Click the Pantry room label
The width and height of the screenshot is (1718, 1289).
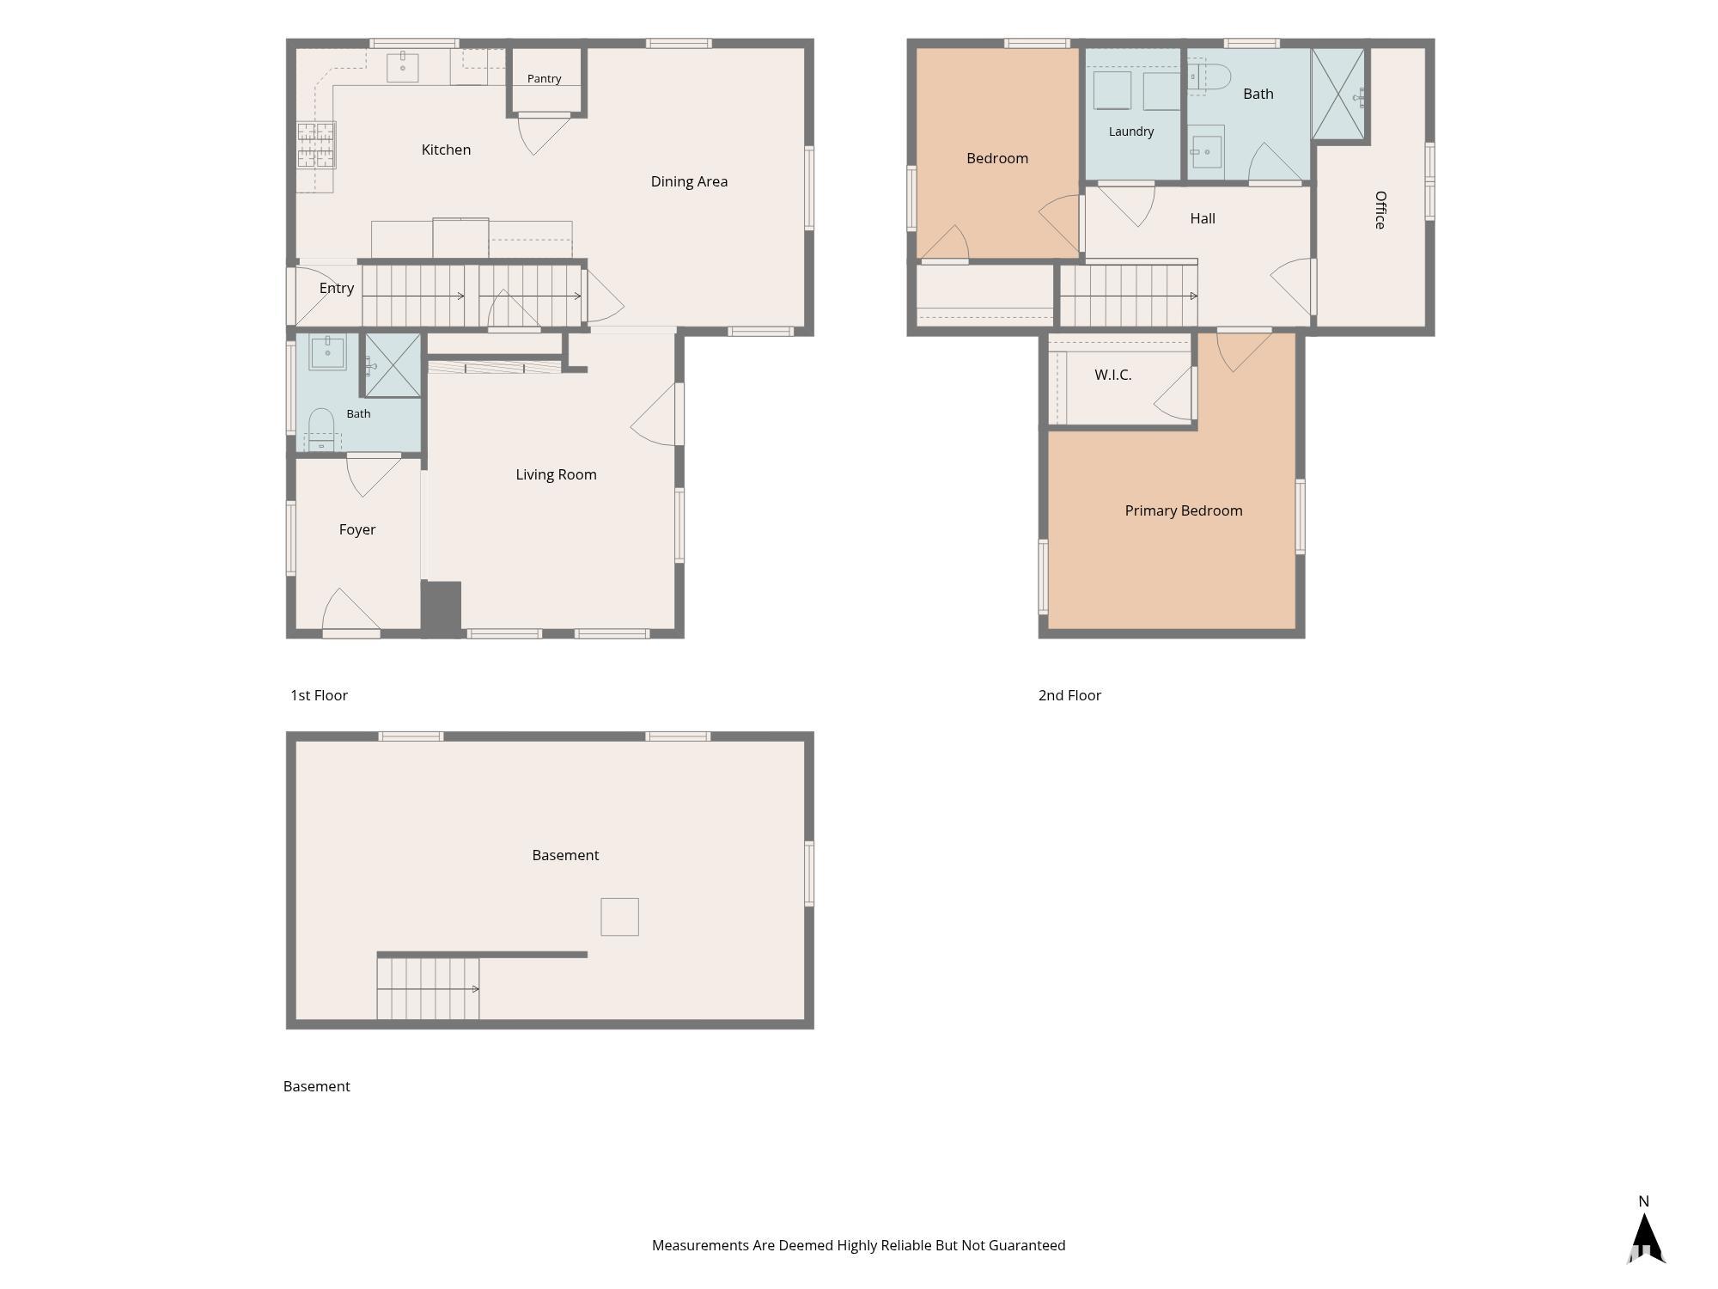pos(544,78)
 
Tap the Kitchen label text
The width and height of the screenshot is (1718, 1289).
pos(446,150)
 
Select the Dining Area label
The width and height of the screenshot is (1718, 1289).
pos(689,181)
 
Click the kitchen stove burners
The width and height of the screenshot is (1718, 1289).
pos(316,144)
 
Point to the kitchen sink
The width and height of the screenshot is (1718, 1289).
pos(402,67)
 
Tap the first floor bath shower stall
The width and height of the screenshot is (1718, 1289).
pos(393,365)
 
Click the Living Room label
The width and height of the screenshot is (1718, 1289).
pos(556,474)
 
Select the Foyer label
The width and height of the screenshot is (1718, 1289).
pos(357,529)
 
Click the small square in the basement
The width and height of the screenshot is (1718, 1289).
pos(619,916)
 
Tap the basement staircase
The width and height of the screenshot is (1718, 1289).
pos(428,988)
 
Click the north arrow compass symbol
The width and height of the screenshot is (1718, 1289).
pos(1645,1237)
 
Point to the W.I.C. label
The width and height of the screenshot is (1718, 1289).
pos(1112,375)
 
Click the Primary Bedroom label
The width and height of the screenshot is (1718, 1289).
pos(1184,510)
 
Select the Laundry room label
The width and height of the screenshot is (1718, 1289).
pos(1131,131)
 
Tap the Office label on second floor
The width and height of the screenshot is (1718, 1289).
pos(1380,210)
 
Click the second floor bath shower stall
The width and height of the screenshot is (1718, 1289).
pos(1338,94)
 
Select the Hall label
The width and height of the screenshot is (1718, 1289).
pos(1203,218)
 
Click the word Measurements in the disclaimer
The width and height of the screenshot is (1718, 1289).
pos(700,1245)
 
